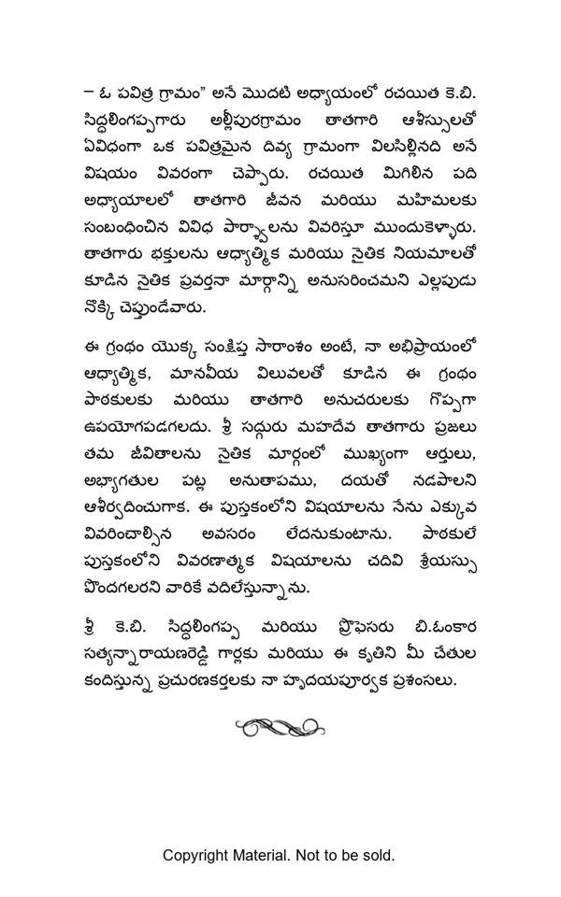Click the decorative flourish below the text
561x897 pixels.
tap(279, 727)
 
